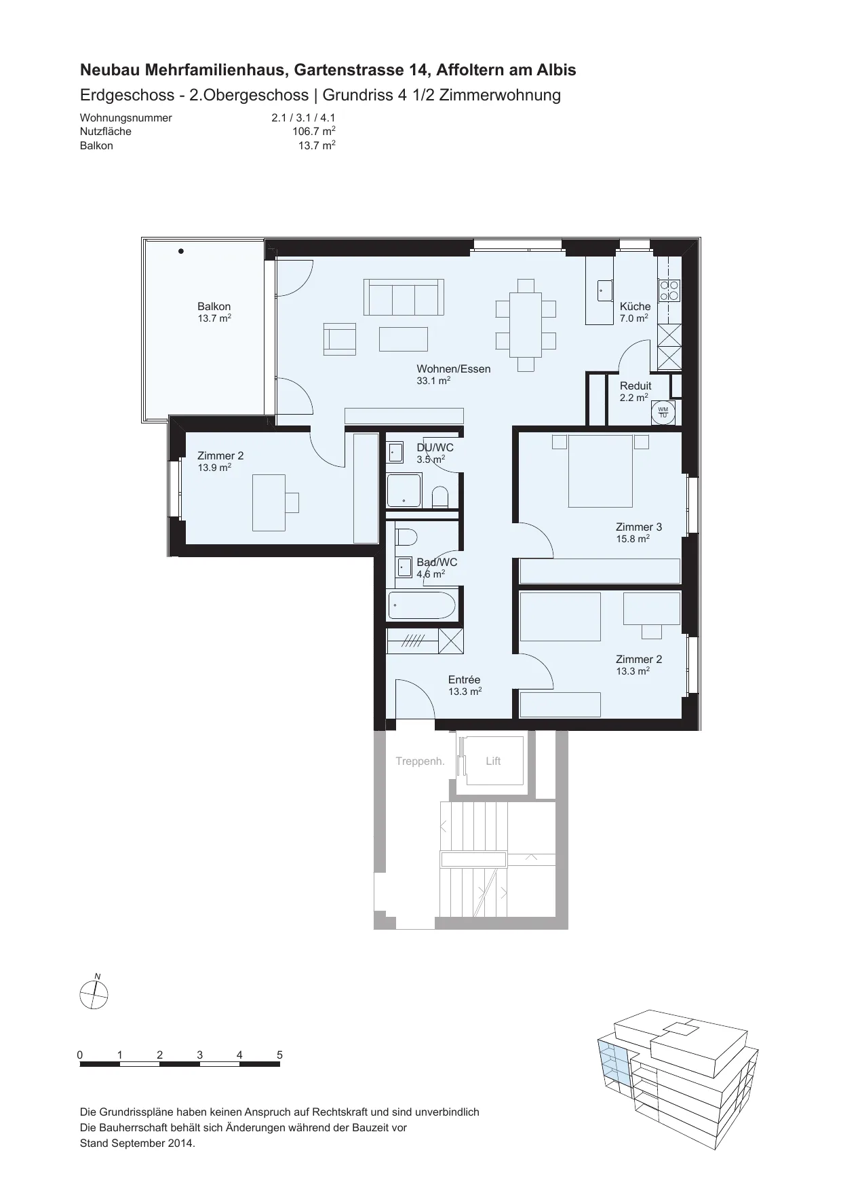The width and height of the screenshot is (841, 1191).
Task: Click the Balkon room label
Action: [x=214, y=307]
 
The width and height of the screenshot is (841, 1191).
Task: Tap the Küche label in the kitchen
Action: [x=635, y=307]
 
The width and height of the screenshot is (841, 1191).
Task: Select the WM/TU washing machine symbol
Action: [x=663, y=412]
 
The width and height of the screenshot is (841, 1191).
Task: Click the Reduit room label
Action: [x=635, y=386]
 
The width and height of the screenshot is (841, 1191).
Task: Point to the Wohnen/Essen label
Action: [x=454, y=369]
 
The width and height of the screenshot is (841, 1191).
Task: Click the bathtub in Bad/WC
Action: [x=421, y=605]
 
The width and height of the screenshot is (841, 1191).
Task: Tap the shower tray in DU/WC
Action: [x=404, y=491]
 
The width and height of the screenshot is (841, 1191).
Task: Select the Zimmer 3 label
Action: [x=639, y=527]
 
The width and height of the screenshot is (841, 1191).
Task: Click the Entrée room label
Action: [x=465, y=680]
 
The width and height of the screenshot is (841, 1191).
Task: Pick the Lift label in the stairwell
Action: [x=493, y=761]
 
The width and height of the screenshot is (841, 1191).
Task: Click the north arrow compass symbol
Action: [x=94, y=995]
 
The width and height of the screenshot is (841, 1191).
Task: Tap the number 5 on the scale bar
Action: [x=279, y=1055]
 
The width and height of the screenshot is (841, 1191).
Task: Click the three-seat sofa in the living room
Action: [x=404, y=297]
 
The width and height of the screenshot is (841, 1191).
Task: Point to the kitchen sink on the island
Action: [x=604, y=291]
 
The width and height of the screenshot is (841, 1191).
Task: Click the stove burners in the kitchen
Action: [x=669, y=290]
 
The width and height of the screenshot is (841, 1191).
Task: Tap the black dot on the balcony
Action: [x=181, y=251]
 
